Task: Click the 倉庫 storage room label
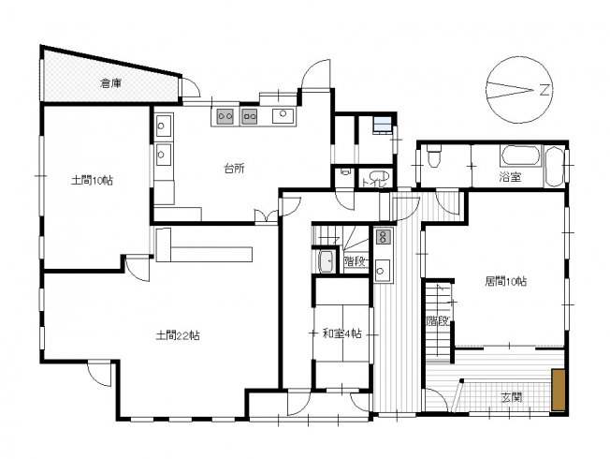coord(112,83)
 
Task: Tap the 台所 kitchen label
coord(234,169)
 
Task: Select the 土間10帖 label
coord(93,181)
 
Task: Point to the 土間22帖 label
coord(178,335)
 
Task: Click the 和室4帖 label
coord(342,333)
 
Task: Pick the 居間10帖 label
coord(506,281)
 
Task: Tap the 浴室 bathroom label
coord(510,177)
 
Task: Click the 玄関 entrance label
coord(511,398)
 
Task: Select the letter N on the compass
coord(545,91)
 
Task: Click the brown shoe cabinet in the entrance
coord(559,390)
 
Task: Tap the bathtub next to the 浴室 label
coord(521,155)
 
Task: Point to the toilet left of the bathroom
coord(433,155)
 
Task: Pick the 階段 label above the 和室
coord(356,261)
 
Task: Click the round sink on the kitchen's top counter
coord(283,113)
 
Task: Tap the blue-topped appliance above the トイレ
coord(382,125)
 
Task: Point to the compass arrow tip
coord(533,91)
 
